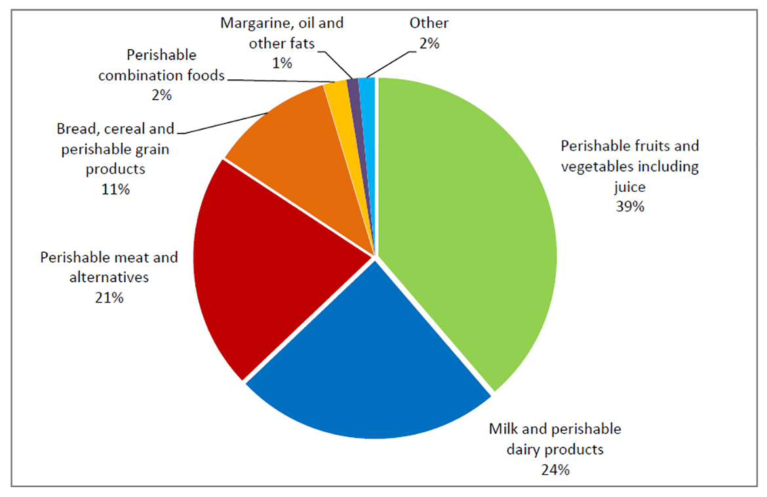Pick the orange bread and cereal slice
pos(295,151)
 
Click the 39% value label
pos(630,207)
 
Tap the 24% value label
pos(555,469)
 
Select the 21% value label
pos(109,297)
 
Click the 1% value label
pos(282,63)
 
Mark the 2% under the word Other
pos(429,44)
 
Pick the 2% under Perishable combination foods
pos(161,95)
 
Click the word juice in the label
pos(630,187)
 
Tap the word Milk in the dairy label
pos(504,430)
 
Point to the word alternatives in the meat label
pos(109,277)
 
